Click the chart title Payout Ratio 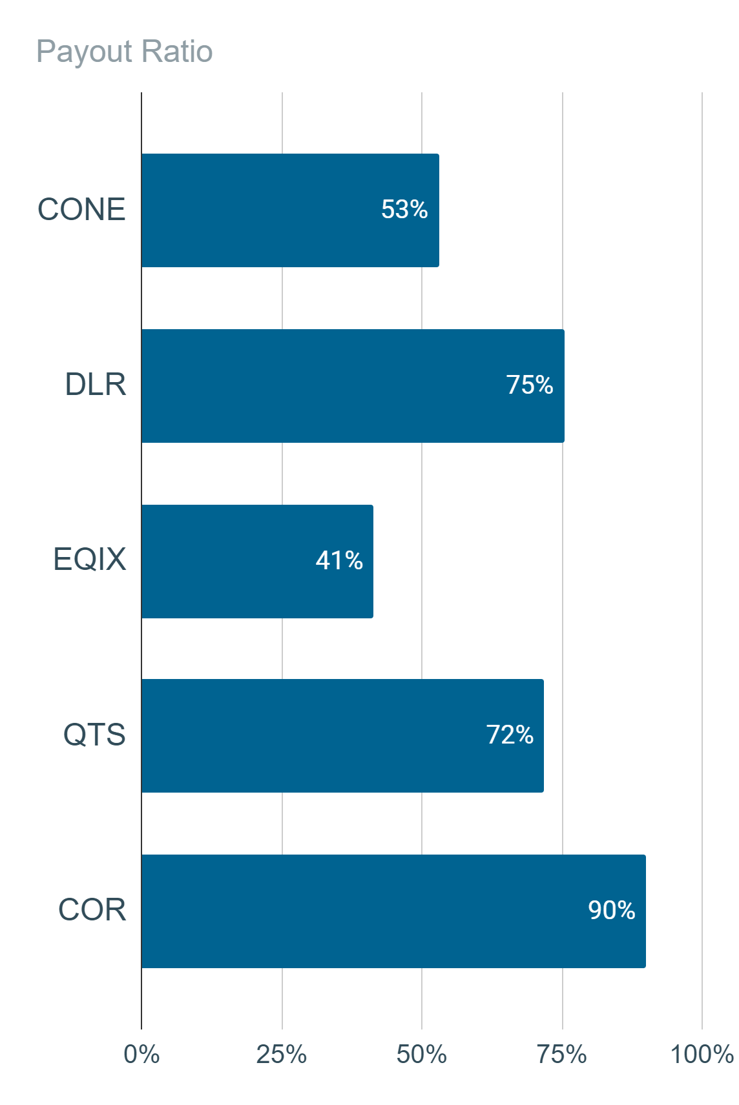(125, 52)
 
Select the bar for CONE (290, 210)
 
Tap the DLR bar (353, 386)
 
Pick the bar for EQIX (257, 562)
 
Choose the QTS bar (342, 736)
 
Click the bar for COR (393, 911)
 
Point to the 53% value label (404, 209)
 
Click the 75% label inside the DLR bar (530, 385)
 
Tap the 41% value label (339, 560)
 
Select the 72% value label (510, 735)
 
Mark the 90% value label (612, 910)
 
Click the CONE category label (81, 209)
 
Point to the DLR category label (95, 385)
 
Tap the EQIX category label (89, 560)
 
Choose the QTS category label (94, 735)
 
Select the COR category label (92, 910)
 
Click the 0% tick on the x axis (141, 1054)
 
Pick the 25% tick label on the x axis (282, 1054)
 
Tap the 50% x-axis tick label (422, 1054)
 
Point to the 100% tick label (702, 1054)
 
